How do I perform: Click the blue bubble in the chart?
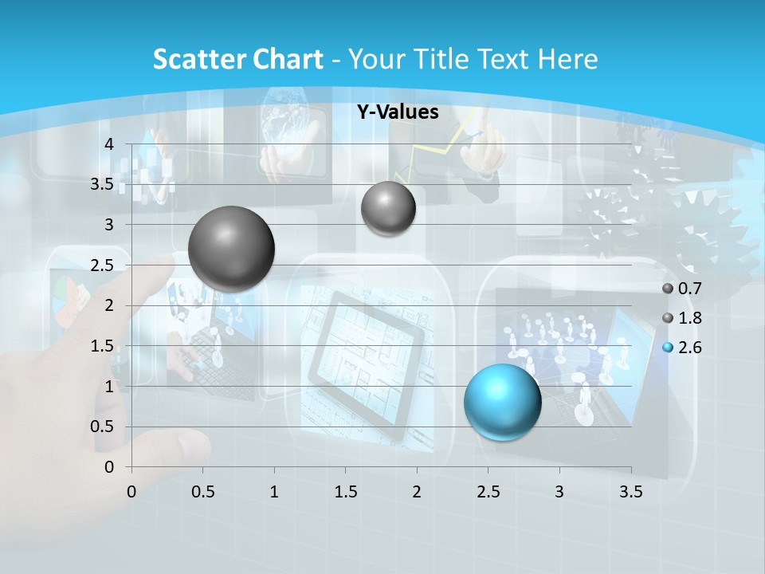502,402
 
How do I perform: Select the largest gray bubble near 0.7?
231,249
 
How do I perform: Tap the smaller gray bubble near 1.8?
388,209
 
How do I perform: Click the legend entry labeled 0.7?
682,289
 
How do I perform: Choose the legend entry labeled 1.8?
682,318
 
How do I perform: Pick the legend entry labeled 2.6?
682,348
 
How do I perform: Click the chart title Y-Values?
398,112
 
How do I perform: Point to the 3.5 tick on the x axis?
630,491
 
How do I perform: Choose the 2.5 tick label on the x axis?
488,491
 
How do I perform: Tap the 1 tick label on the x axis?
274,491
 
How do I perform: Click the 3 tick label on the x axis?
559,491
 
